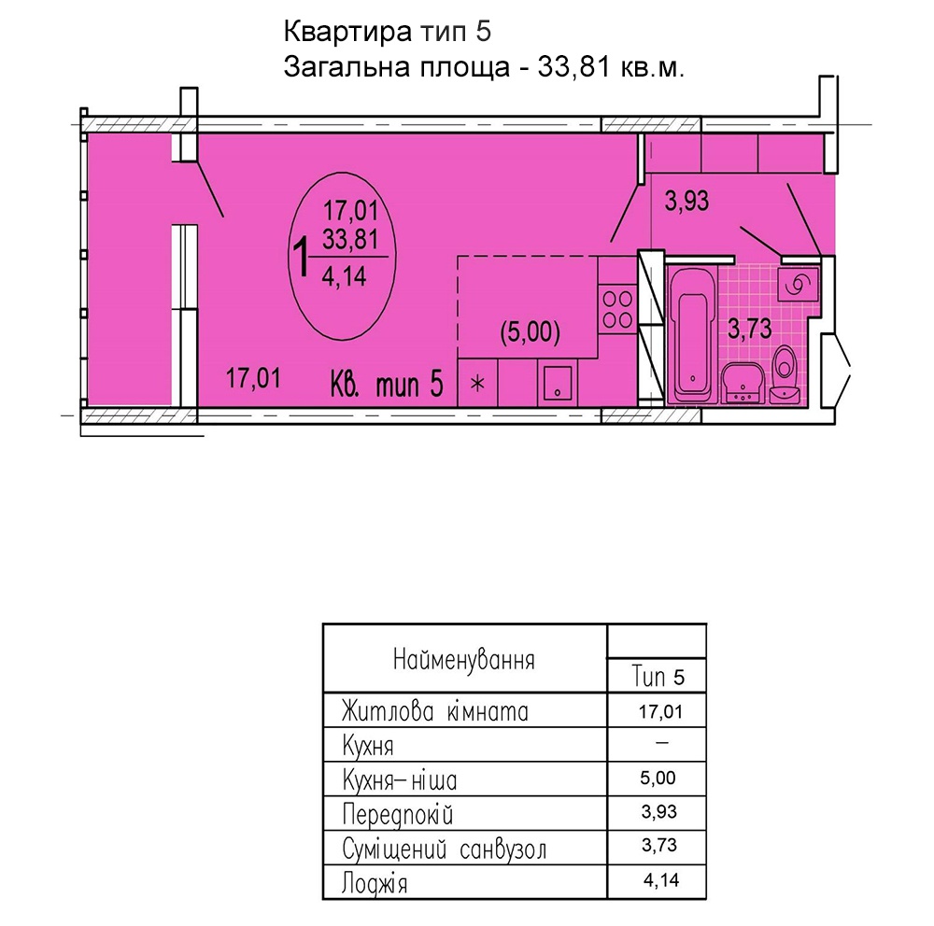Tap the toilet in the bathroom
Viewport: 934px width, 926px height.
785,373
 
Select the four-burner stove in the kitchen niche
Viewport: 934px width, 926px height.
617,308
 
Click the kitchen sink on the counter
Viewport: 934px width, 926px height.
557,383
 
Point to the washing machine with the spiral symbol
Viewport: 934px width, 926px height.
797,284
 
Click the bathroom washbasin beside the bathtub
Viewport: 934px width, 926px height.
743,383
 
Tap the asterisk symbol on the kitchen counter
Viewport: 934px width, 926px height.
477,384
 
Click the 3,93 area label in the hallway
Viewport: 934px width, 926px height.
686,201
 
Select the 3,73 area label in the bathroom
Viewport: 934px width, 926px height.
749,329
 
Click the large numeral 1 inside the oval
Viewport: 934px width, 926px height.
302,257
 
